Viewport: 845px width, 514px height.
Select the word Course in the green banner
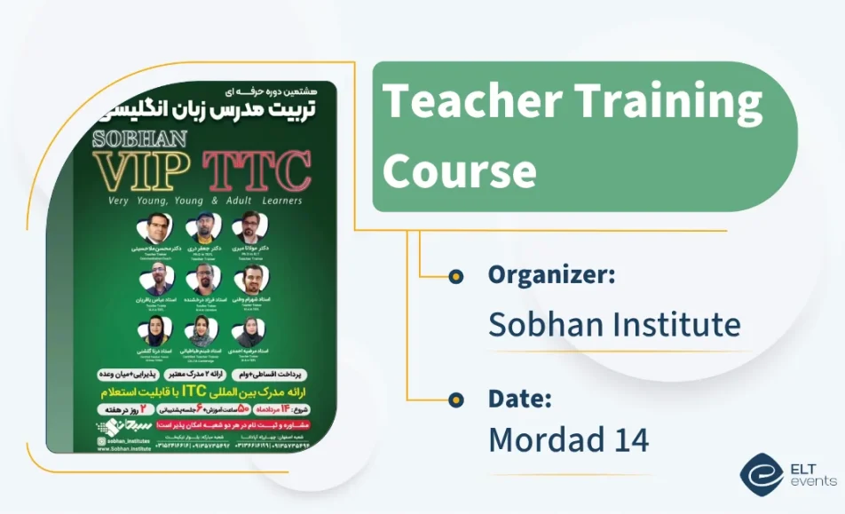(459, 169)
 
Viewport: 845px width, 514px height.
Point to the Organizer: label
(551, 275)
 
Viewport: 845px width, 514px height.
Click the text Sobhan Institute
(614, 325)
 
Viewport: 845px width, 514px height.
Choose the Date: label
(519, 399)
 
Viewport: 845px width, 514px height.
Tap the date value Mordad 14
(568, 439)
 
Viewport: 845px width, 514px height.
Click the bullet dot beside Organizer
(456, 276)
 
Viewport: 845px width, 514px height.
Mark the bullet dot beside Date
(456, 399)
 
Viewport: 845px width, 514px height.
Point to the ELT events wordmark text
(812, 476)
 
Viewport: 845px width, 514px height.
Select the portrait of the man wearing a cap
(203, 226)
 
